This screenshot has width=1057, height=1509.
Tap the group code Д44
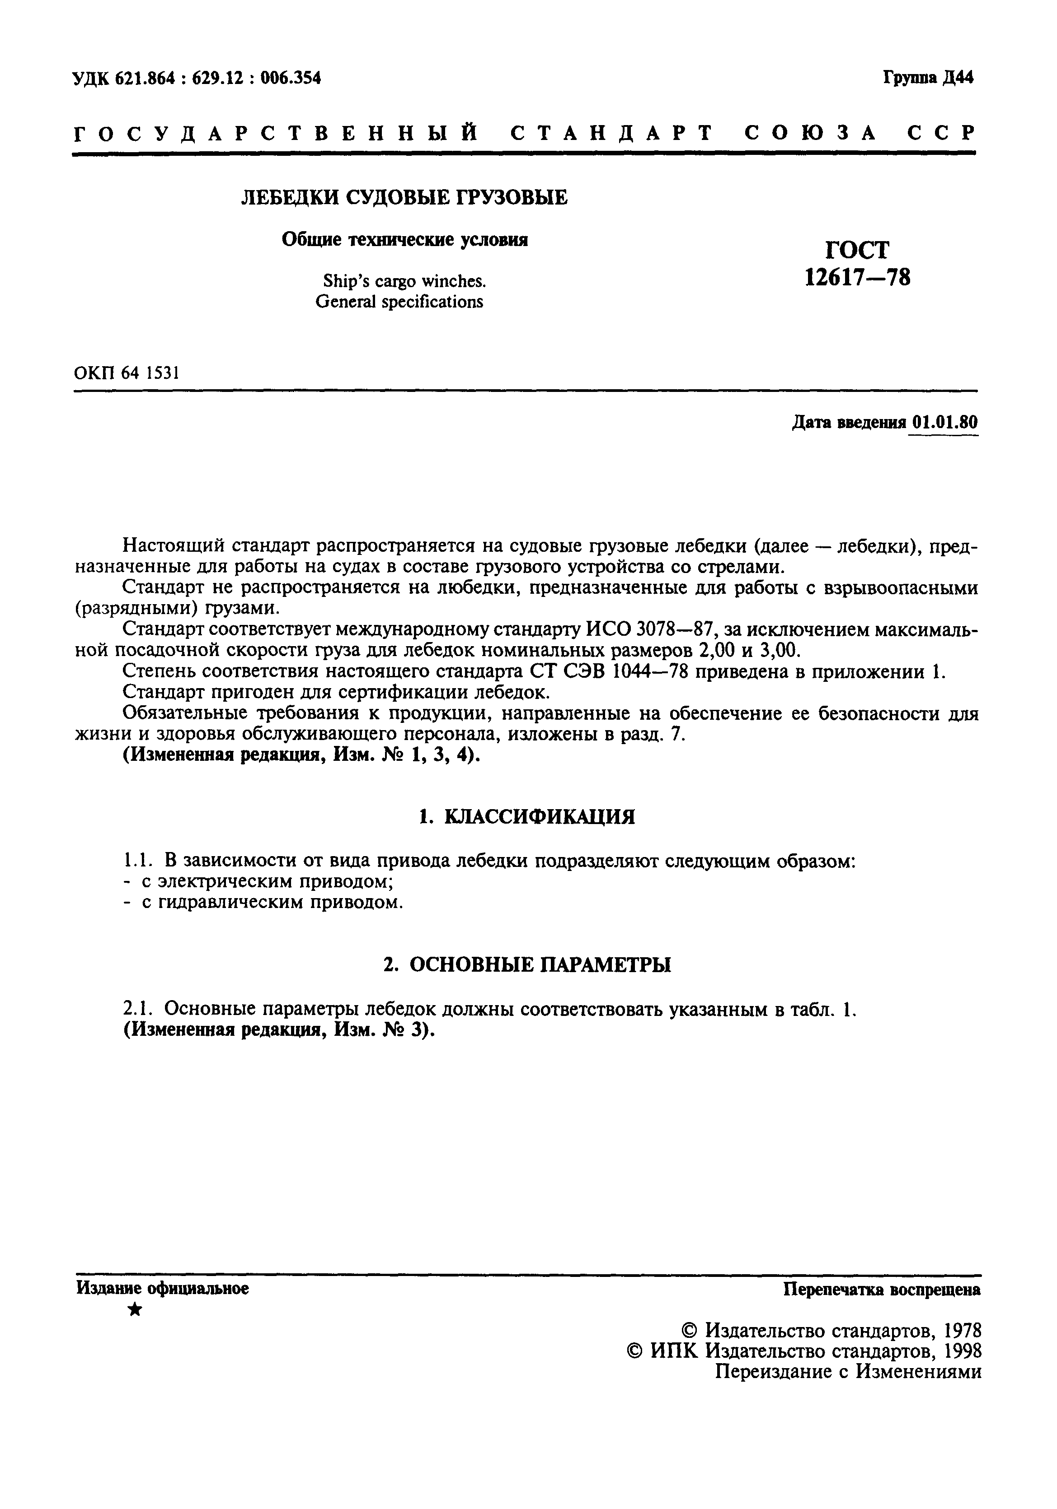[x=957, y=78]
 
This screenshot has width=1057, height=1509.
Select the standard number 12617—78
[x=858, y=277]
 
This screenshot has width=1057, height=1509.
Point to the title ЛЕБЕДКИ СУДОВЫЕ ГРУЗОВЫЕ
[x=404, y=197]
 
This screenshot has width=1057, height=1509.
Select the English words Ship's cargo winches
[x=404, y=281]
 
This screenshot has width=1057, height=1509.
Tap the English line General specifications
[x=399, y=302]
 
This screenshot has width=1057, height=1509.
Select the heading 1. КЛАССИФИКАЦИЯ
[x=527, y=816]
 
